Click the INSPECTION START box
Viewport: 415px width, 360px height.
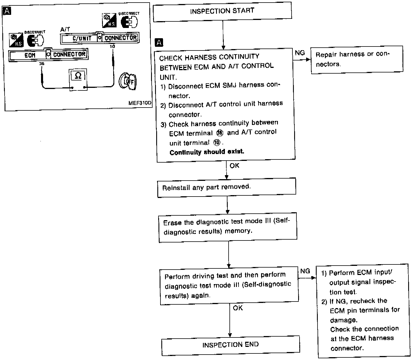222,11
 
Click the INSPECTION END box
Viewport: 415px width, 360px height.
230,345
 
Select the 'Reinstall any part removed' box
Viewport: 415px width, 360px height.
227,187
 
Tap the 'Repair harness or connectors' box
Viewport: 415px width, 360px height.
357,59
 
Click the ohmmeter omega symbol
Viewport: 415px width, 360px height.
78,76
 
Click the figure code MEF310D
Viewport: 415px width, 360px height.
140,103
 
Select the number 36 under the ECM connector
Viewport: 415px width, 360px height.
42,64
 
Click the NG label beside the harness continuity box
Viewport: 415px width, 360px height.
300,53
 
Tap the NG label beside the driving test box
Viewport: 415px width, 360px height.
305,271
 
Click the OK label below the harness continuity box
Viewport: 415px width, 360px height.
234,165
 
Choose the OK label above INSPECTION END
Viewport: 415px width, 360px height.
238,308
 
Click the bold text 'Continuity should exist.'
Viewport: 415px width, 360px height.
207,152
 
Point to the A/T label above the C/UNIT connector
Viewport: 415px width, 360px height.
65,29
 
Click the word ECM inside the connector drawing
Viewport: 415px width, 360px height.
30,55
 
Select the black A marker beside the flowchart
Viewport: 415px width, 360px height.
159,43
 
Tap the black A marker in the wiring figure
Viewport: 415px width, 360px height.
7,11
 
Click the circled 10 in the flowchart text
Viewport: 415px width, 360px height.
217,142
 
